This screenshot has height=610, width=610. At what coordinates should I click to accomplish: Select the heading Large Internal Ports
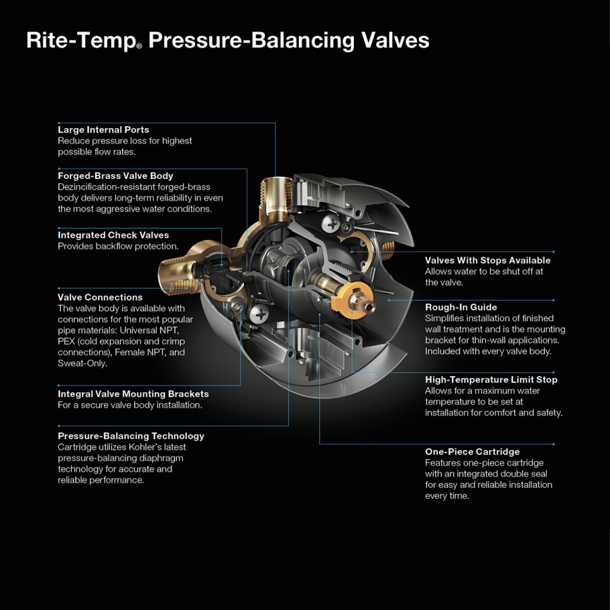point(103,129)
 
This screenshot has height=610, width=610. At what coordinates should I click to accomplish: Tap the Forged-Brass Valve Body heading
point(115,176)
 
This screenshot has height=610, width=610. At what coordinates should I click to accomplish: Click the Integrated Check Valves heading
point(113,235)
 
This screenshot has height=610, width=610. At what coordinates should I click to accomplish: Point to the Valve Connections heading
point(100,297)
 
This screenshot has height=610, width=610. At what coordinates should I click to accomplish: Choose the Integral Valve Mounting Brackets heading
point(133,394)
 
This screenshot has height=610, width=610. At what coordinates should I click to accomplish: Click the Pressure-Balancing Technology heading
point(131,436)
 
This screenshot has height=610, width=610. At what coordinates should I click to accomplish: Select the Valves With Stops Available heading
point(487,260)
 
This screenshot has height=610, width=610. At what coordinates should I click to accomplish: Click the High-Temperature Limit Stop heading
point(491,380)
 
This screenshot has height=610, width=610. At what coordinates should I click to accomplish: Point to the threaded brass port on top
point(277,193)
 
